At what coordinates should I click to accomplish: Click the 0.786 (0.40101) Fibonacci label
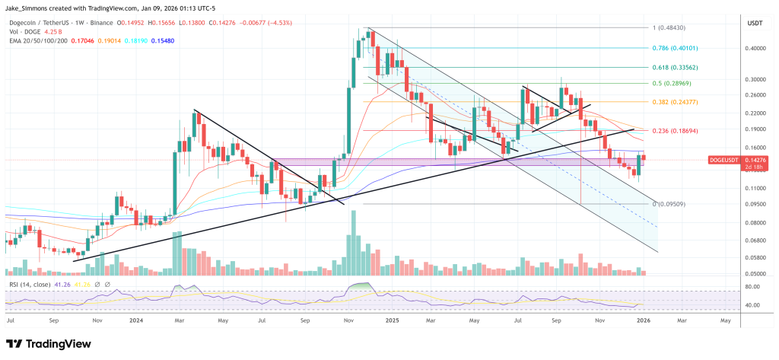[x=679, y=47]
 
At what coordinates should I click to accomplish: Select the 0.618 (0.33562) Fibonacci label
[x=679, y=67]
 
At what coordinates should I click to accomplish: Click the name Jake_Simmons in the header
[x=27, y=6]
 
